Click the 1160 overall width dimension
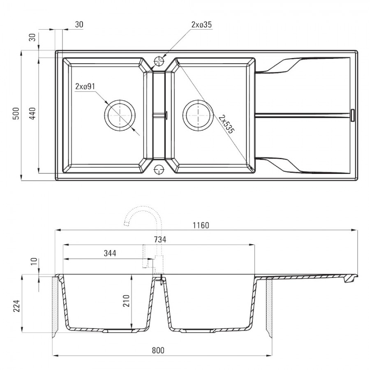[201, 225]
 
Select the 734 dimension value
[160, 240]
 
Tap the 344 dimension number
[110, 253]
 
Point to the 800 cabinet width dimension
[158, 350]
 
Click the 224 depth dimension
[16, 306]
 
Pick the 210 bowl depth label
[126, 301]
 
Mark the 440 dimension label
[32, 113]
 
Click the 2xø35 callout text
[202, 25]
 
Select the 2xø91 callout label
[85, 87]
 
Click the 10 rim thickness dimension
[34, 261]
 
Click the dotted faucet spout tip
[126, 223]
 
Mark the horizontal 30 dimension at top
[79, 25]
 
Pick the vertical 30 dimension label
[32, 37]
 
